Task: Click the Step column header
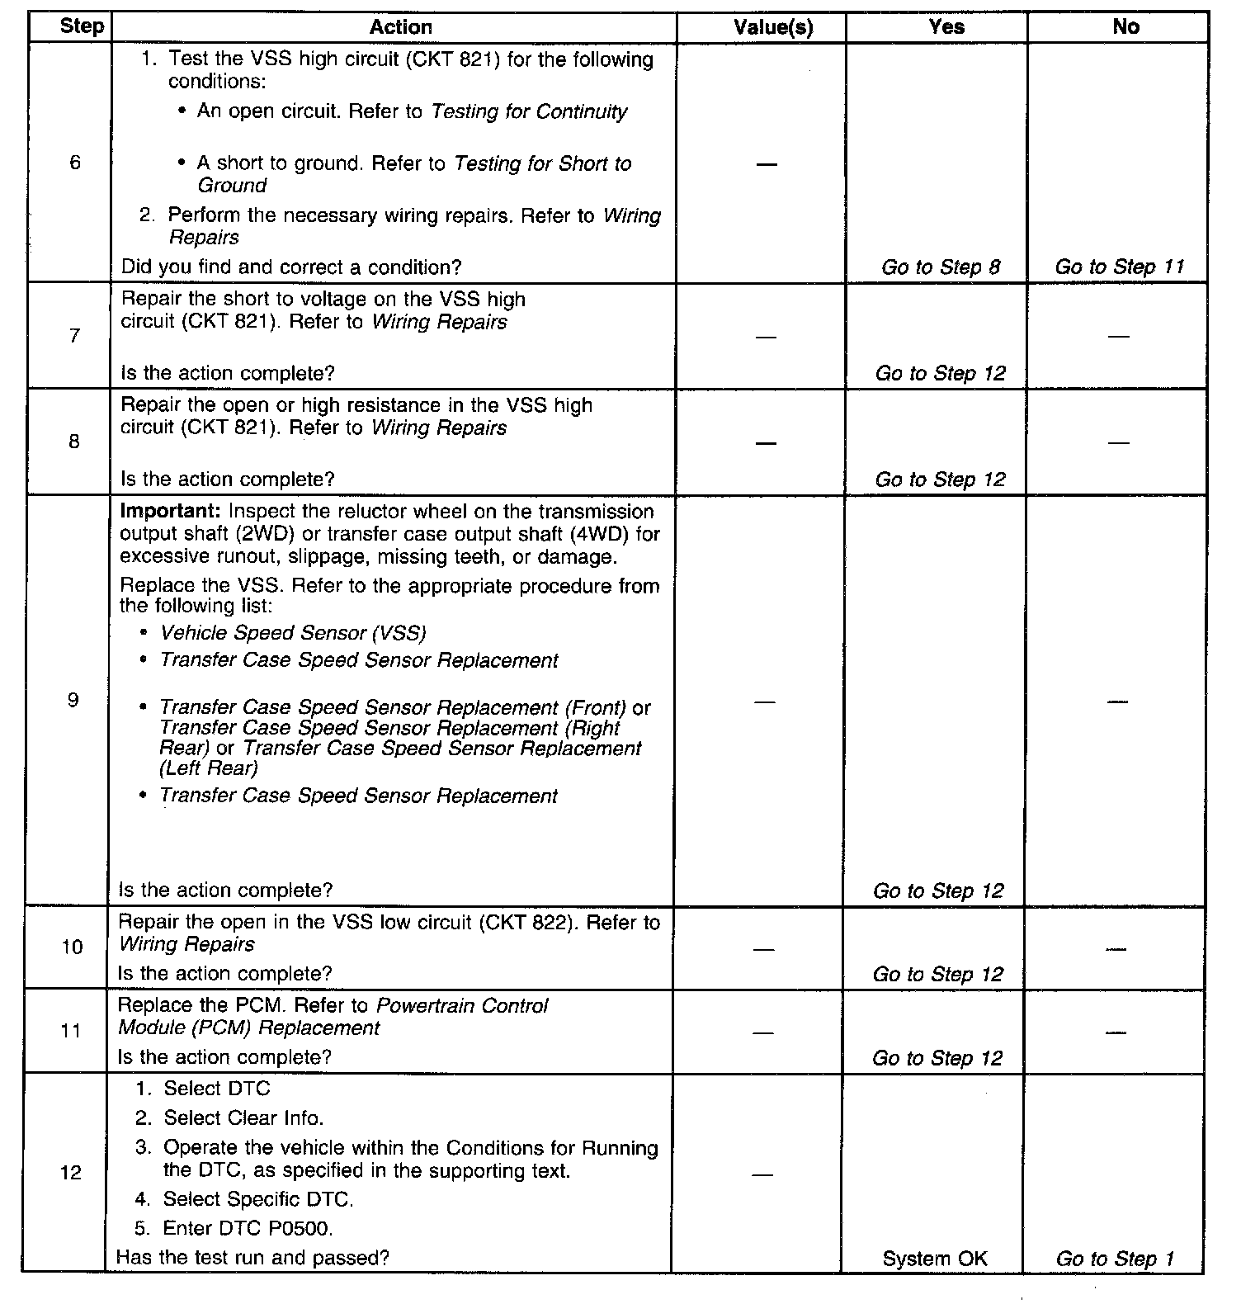click(82, 26)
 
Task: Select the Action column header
click(400, 27)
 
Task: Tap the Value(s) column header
click(773, 27)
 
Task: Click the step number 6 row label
click(75, 163)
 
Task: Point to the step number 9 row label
click(73, 701)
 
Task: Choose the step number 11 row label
click(72, 1031)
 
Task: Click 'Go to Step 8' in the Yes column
click(941, 267)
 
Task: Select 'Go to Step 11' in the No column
click(1119, 267)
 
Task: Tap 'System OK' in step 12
click(934, 1259)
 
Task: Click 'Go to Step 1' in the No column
click(1115, 1259)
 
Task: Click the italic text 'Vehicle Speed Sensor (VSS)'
click(293, 633)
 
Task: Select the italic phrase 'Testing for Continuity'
click(529, 111)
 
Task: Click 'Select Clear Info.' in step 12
click(243, 1118)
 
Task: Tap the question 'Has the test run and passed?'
click(252, 1257)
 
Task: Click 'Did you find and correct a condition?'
click(291, 267)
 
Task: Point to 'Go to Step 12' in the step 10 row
click(938, 974)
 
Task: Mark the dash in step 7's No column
click(1118, 337)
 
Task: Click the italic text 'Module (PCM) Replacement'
click(249, 1028)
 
